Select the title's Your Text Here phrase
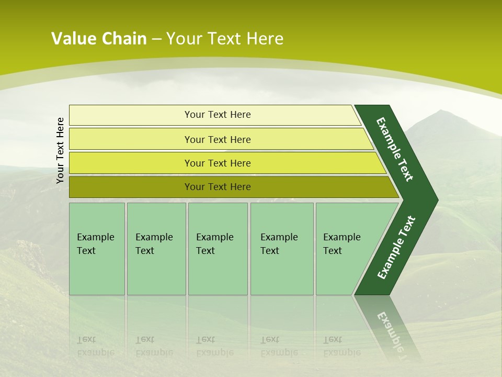tap(225, 39)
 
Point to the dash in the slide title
tap(156, 39)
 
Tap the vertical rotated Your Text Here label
tap(60, 150)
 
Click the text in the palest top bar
tap(218, 115)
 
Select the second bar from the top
tap(218, 139)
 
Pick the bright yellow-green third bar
tap(218, 163)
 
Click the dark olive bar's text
tap(218, 187)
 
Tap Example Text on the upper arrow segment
tap(395, 149)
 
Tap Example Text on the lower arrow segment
tap(396, 248)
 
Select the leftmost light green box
tap(97, 249)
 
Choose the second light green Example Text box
tap(156, 249)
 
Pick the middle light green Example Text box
tap(218, 249)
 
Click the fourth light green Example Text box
tap(282, 249)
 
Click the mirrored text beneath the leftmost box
tap(95, 346)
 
